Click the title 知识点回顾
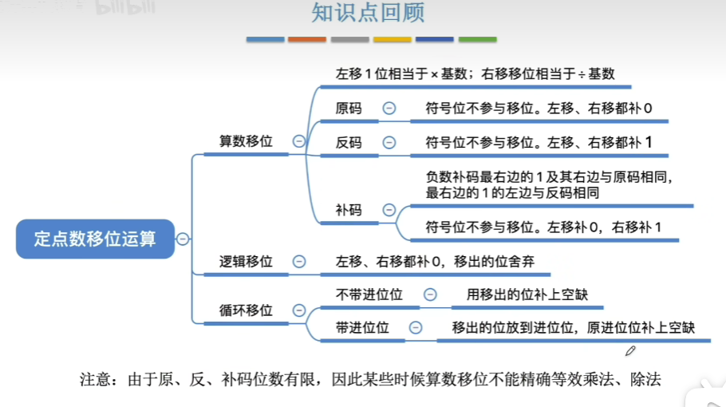click(x=368, y=14)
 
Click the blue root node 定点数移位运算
click(x=95, y=239)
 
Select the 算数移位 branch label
click(x=246, y=141)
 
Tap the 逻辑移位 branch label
click(x=246, y=262)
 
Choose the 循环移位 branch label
click(x=246, y=310)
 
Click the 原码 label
click(x=349, y=109)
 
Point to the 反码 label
click(x=349, y=143)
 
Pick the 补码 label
click(x=349, y=211)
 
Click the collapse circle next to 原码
click(x=389, y=109)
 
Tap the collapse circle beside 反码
click(x=389, y=143)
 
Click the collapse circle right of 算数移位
click(x=299, y=141)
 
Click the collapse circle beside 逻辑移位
click(x=299, y=262)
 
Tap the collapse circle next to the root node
click(x=183, y=239)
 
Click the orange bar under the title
click(x=307, y=39)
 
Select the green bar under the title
click(x=477, y=39)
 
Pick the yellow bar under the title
click(x=392, y=39)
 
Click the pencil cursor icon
click(x=630, y=350)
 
